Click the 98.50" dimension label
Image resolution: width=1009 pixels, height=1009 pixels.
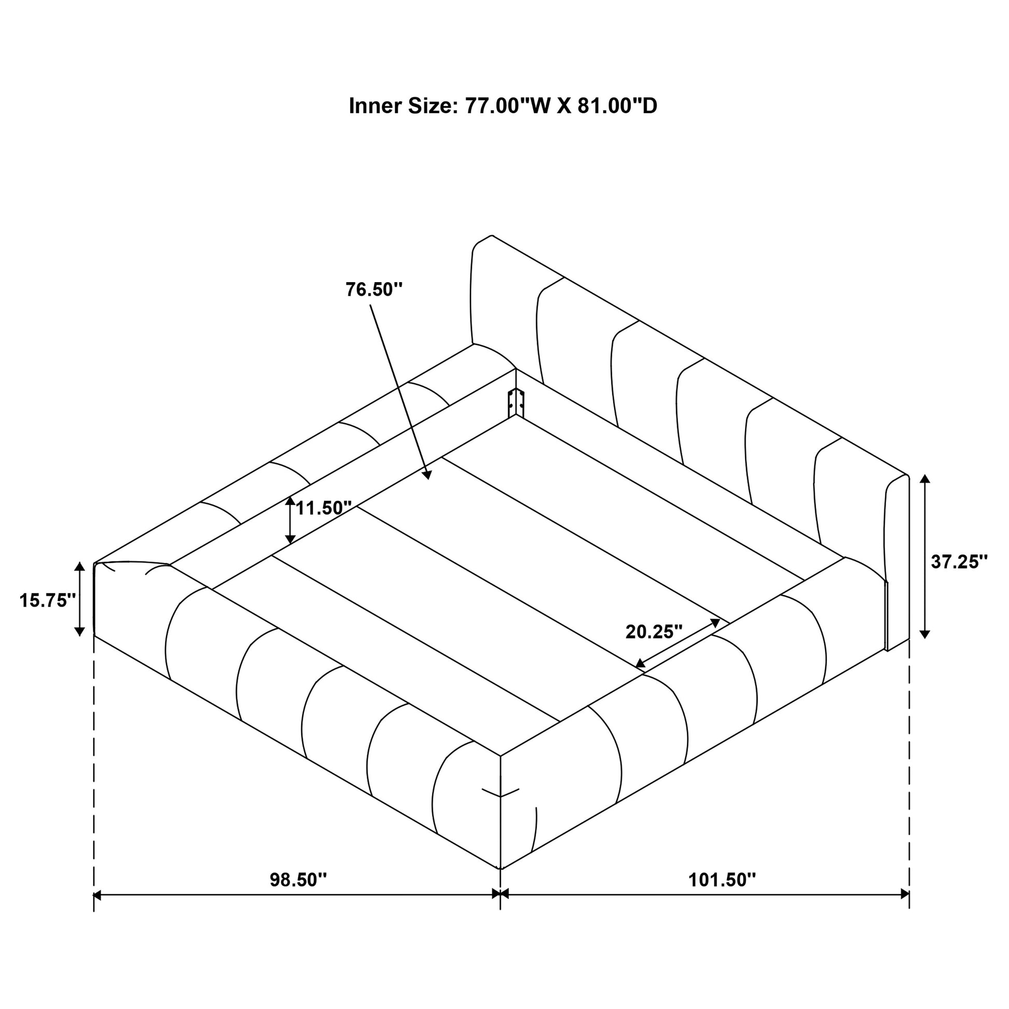click(x=298, y=880)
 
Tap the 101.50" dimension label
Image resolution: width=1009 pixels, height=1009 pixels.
click(x=722, y=880)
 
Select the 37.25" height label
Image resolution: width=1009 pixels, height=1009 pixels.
click(x=959, y=562)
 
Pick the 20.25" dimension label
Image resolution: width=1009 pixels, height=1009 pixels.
click(x=654, y=632)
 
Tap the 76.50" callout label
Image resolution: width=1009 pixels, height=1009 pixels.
click(x=374, y=289)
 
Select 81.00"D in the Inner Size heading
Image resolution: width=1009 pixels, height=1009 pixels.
click(x=618, y=106)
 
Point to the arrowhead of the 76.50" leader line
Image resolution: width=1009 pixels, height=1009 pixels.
click(x=428, y=475)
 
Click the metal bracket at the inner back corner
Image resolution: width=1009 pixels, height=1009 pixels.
click(x=516, y=403)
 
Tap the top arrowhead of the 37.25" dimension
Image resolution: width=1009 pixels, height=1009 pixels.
click(x=924, y=480)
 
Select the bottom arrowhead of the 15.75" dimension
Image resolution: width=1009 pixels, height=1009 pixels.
click(x=79, y=632)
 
